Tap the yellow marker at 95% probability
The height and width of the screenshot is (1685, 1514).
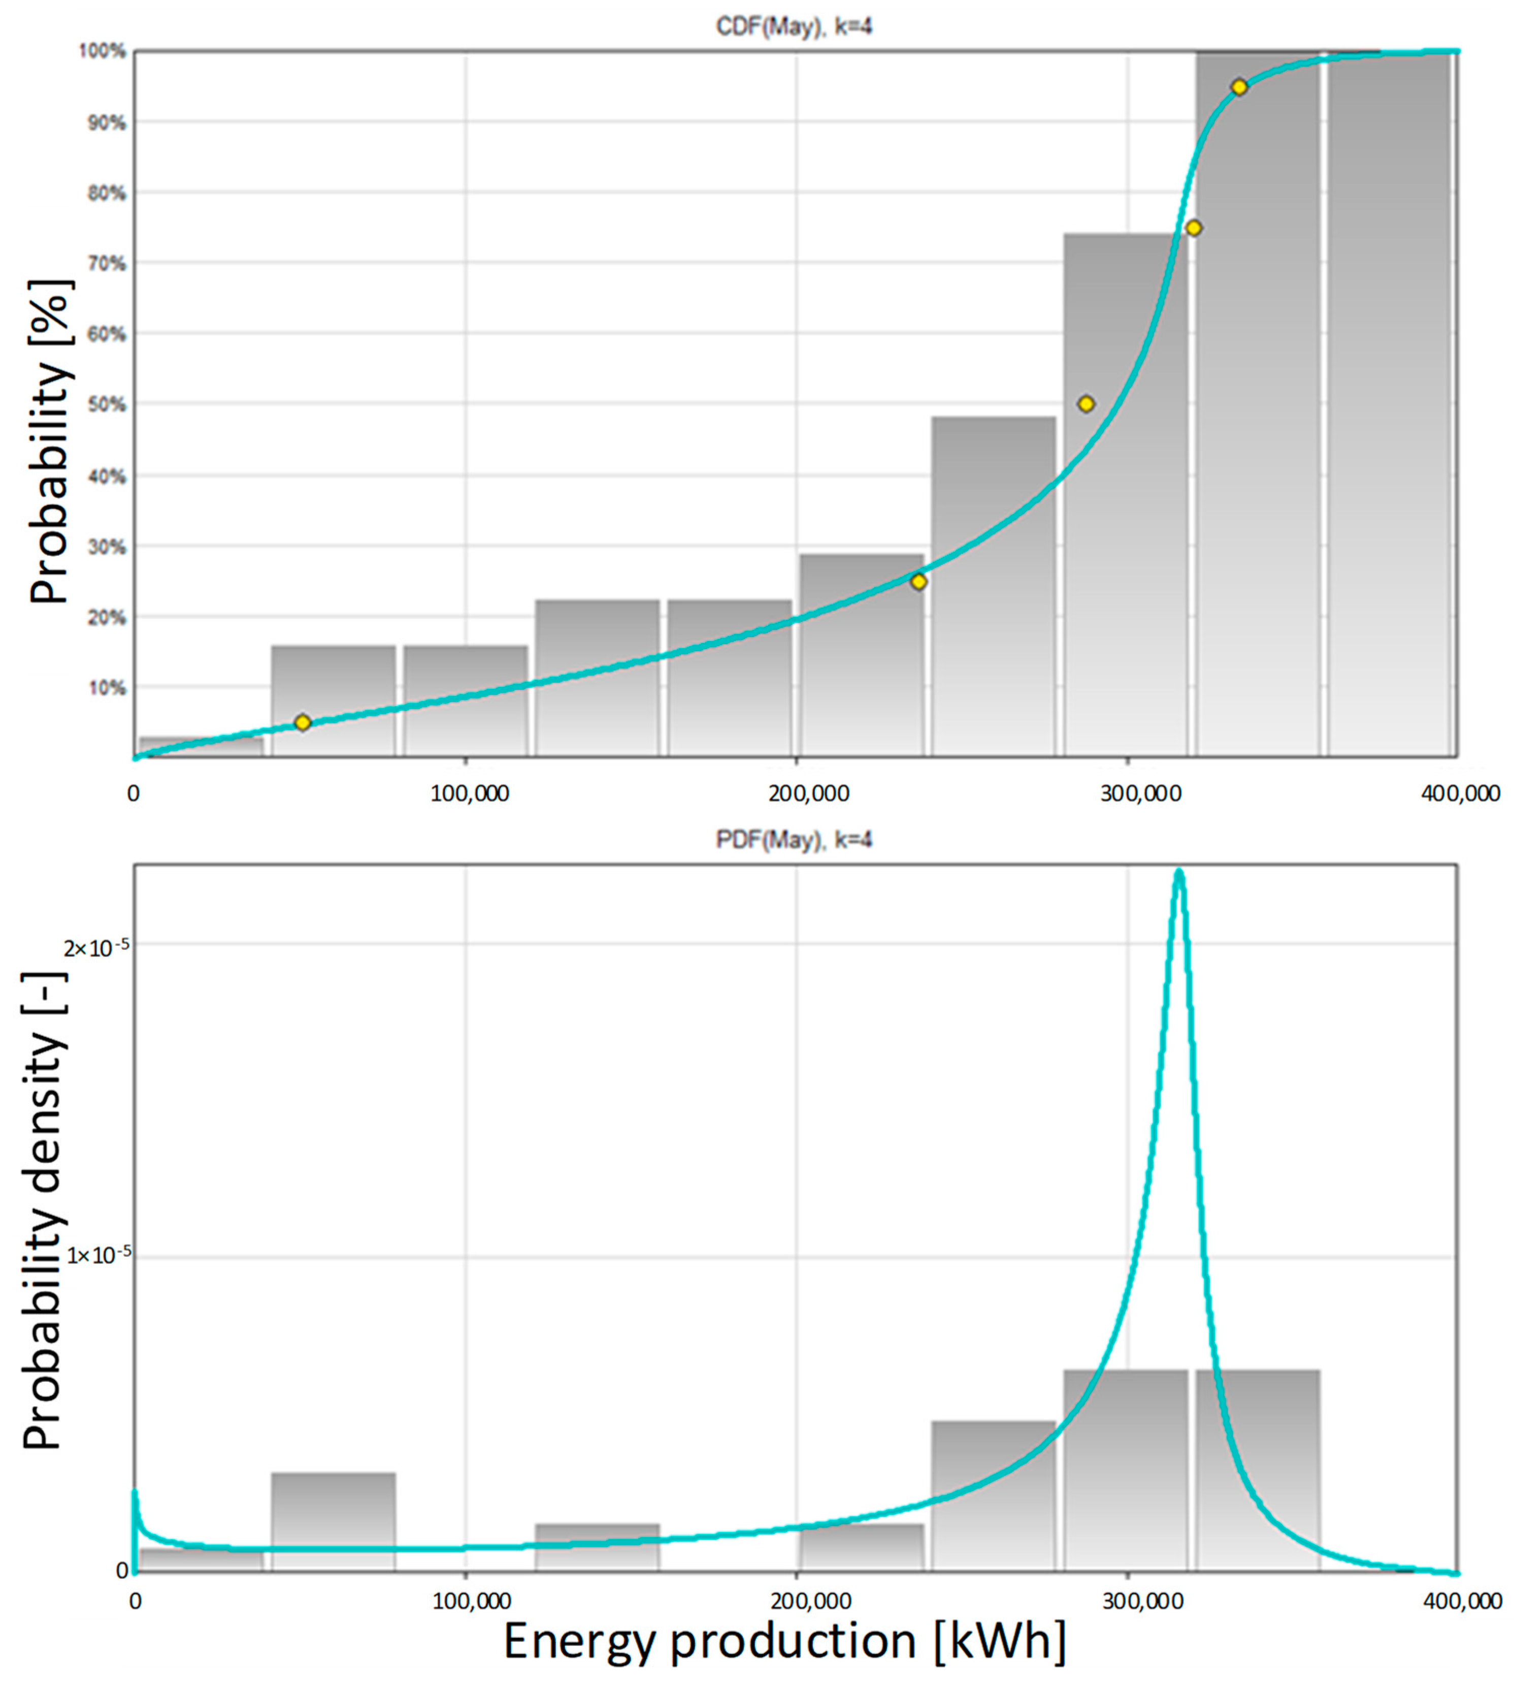coord(1239,87)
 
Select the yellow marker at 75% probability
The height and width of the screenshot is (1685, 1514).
coord(1194,228)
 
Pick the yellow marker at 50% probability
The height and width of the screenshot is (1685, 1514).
coord(1085,404)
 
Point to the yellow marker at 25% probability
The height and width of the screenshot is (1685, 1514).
coord(918,582)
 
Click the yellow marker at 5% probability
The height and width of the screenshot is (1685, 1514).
coord(303,722)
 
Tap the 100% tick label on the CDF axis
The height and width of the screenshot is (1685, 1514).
coord(103,52)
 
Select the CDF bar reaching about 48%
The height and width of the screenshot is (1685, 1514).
coord(993,583)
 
